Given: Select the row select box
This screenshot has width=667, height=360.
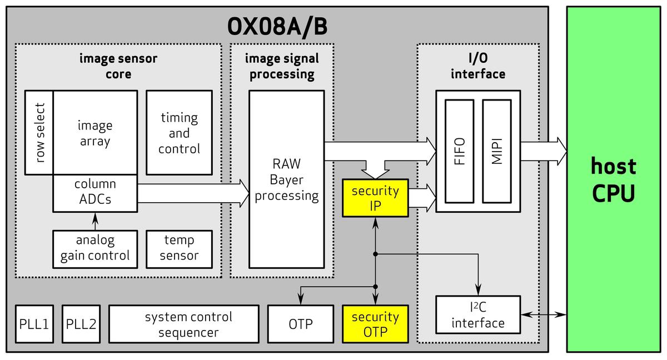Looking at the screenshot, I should pos(39,133).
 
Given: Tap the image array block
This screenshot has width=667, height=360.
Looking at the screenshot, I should pos(95,133).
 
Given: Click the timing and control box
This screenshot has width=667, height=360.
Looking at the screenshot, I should pos(179,133).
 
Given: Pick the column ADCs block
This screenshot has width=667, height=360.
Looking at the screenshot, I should pos(95,192).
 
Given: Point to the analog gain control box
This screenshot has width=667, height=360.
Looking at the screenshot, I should pos(95,248).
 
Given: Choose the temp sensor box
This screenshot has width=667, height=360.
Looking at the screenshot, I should pos(179,248).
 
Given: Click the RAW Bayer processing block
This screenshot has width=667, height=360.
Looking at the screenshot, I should pos(286,179).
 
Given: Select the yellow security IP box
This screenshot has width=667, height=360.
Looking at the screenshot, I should pos(375,198).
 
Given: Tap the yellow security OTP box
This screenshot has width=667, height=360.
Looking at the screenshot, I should pos(375,324).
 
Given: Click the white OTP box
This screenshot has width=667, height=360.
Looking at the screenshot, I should pos(300,324).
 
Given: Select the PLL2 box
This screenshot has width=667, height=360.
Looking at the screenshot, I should pos(81,324).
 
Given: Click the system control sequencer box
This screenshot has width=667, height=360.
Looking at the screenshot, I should pos(183,324).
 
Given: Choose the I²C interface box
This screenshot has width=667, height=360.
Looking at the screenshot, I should pos(478,315).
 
